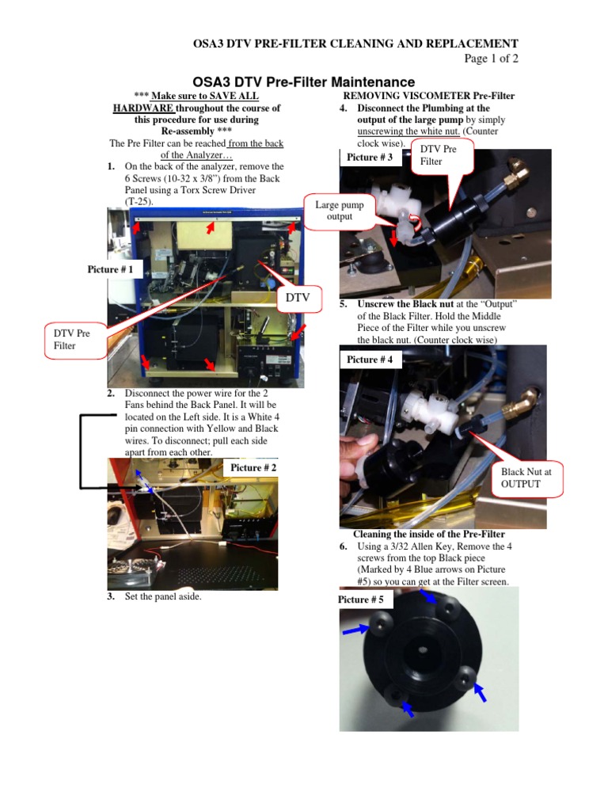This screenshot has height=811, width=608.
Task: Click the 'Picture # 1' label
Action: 115,270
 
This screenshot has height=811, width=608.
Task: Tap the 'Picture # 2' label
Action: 253,468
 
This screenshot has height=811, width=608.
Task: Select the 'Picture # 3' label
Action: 370,158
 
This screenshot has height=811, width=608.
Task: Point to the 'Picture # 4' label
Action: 370,360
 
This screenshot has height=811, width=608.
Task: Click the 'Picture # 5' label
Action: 360,600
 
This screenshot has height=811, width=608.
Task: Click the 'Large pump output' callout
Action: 339,211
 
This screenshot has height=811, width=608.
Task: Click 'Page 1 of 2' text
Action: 491,59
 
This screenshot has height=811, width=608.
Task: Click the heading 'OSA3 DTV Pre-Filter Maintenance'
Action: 304,82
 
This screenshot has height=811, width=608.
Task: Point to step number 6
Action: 344,547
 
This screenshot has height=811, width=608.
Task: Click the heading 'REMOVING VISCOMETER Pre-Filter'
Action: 428,96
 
